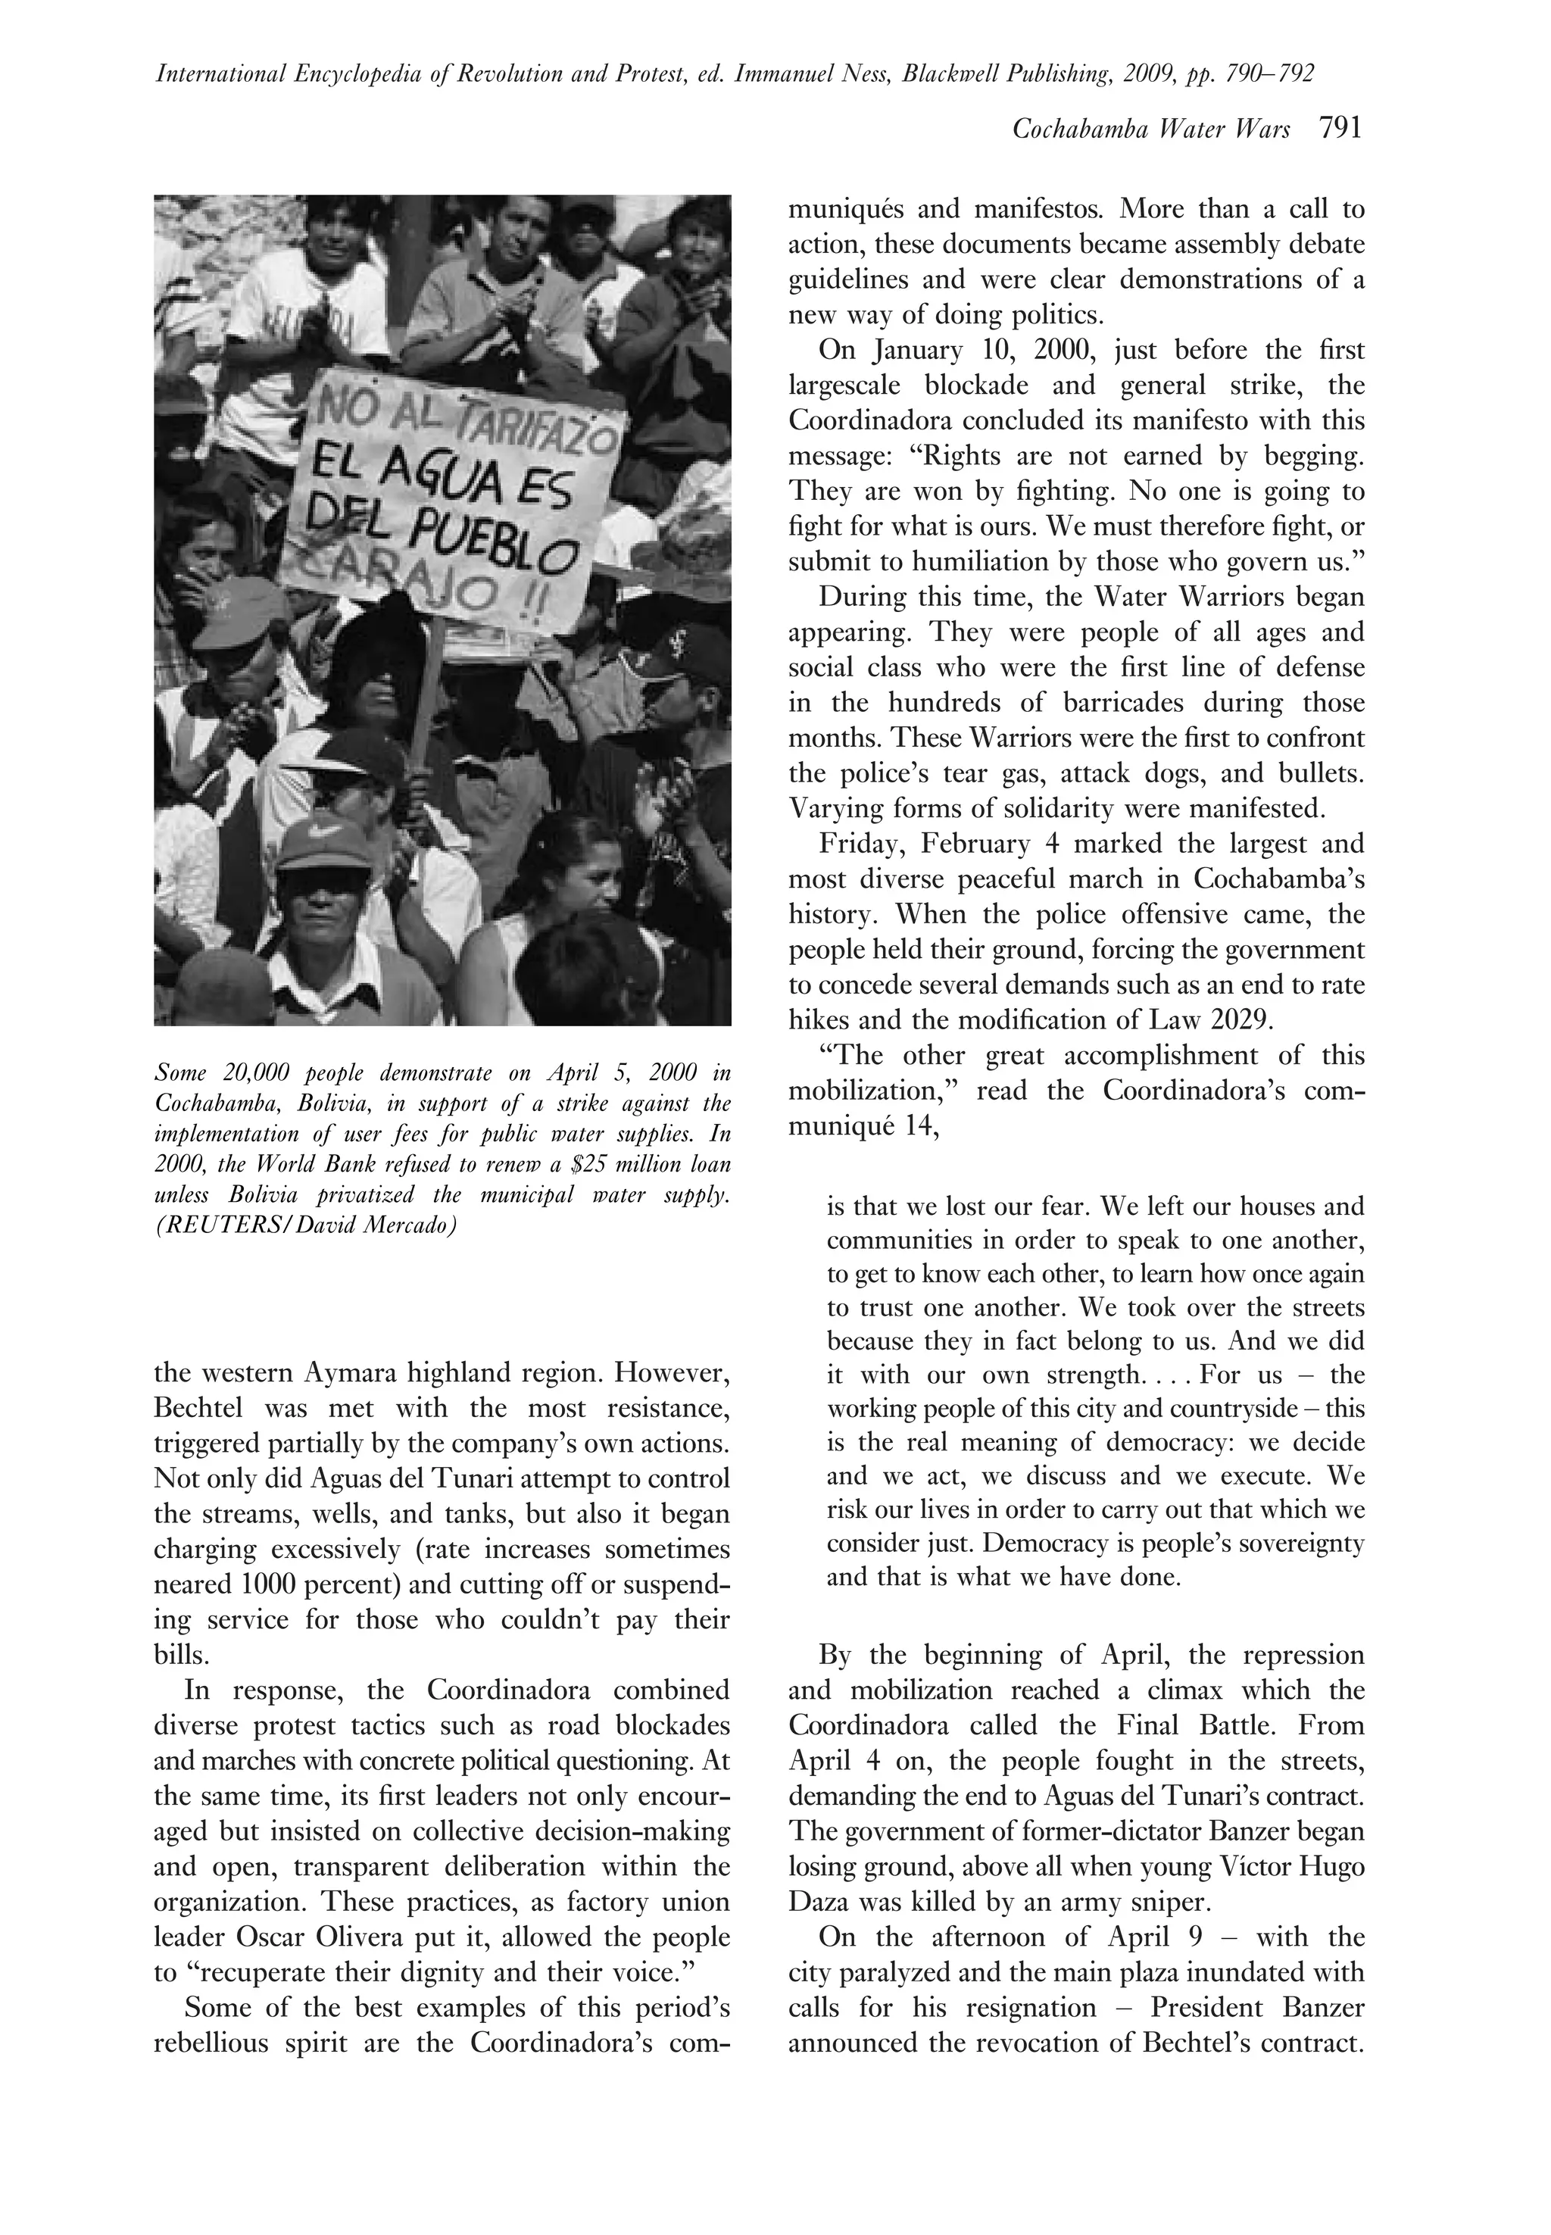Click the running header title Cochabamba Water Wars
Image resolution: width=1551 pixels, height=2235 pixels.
pyautogui.click(x=1152, y=130)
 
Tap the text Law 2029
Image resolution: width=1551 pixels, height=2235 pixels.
pyautogui.click(x=1216, y=1020)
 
